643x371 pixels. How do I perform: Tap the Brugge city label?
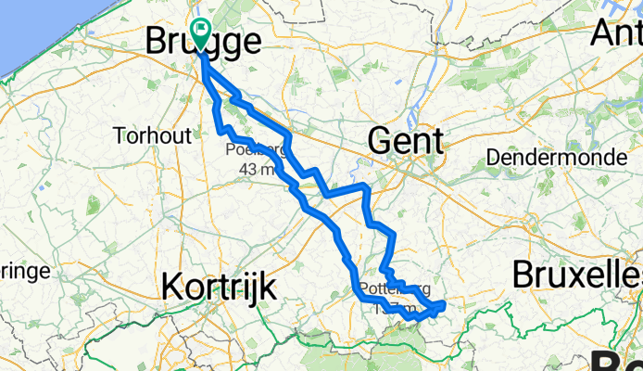pyautogui.click(x=202, y=43)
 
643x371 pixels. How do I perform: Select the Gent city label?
pyautogui.click(x=406, y=141)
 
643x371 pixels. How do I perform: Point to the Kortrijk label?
pyautogui.click(x=219, y=287)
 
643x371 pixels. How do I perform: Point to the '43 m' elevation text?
pyautogui.click(x=256, y=170)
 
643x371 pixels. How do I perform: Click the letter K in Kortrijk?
pyautogui.click(x=171, y=287)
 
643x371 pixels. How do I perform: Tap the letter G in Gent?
pyautogui.click(x=382, y=141)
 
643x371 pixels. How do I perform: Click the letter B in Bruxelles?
pyautogui.click(x=521, y=275)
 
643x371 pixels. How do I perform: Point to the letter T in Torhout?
pyautogui.click(x=120, y=135)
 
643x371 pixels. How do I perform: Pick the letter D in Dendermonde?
pyautogui.click(x=494, y=157)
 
